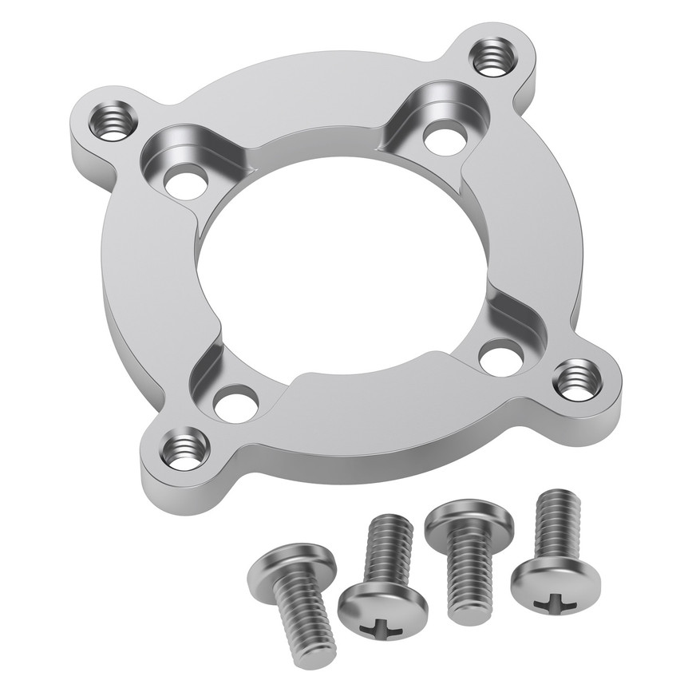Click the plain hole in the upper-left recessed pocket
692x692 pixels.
(x=184, y=182)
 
